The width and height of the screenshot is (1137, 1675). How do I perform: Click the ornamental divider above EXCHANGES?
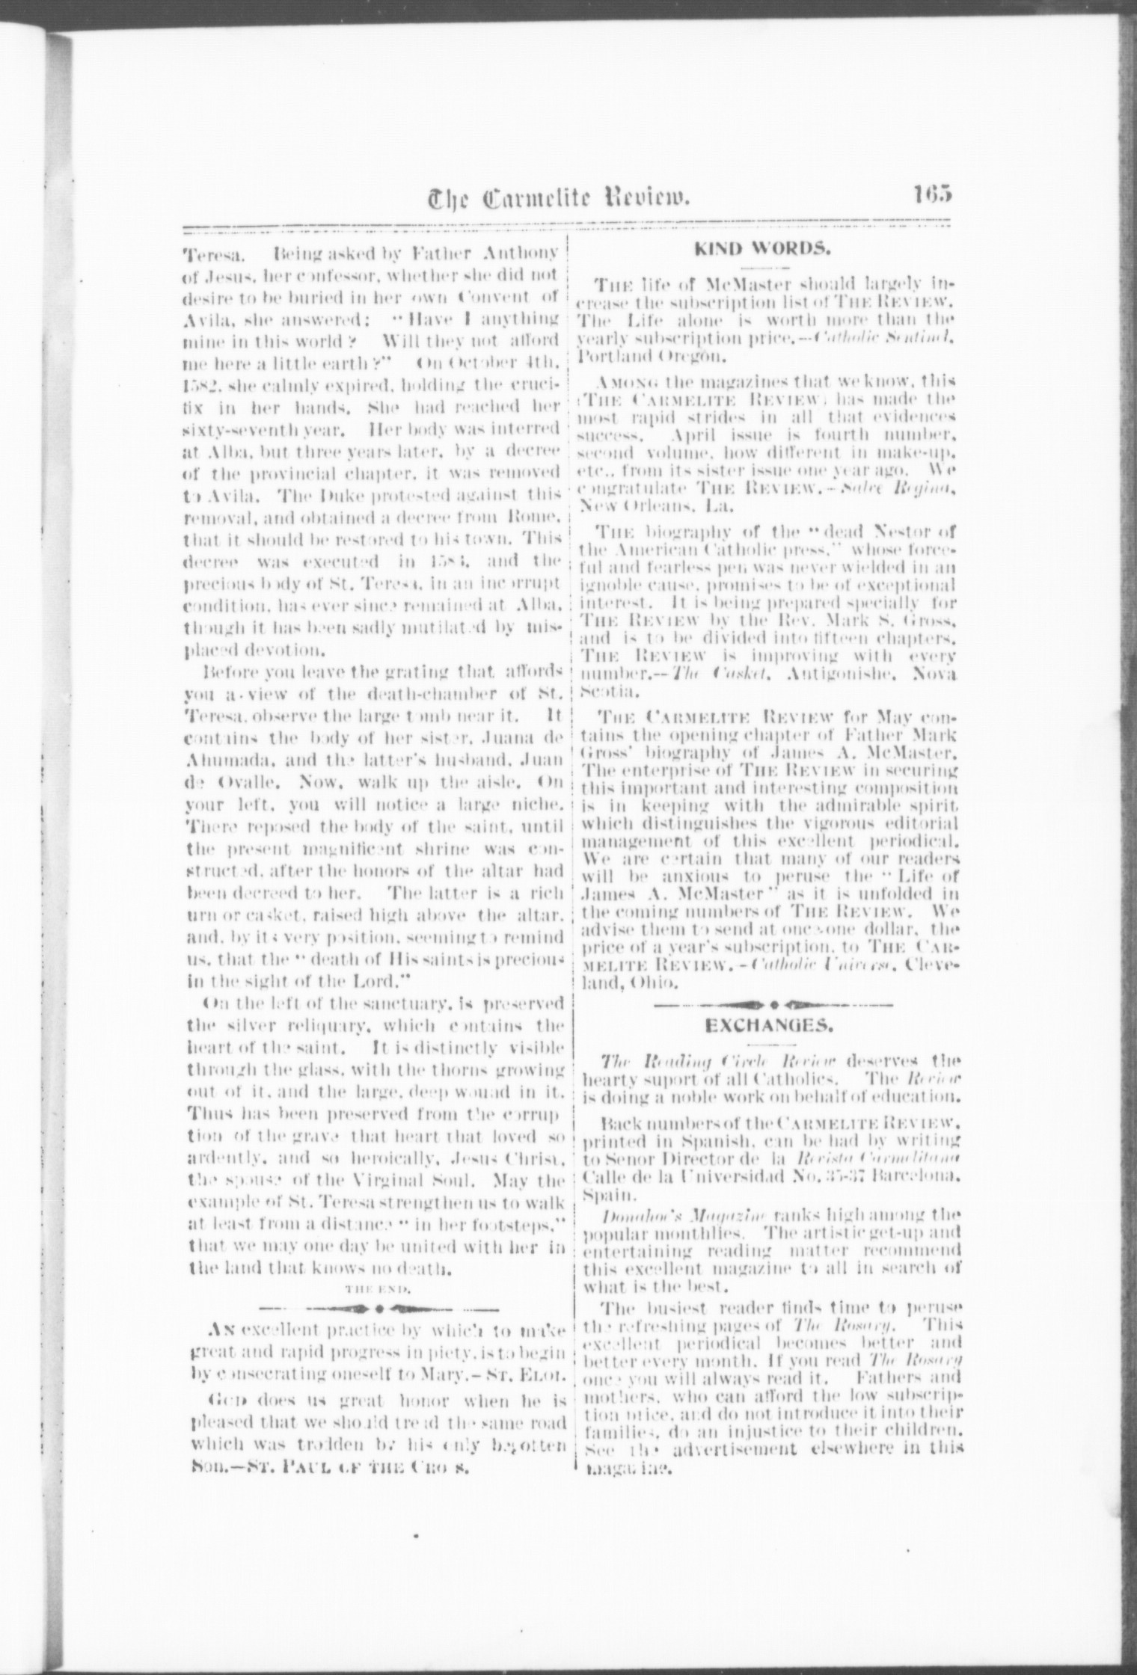click(772, 1003)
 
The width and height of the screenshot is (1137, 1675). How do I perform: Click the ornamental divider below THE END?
click(379, 1309)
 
